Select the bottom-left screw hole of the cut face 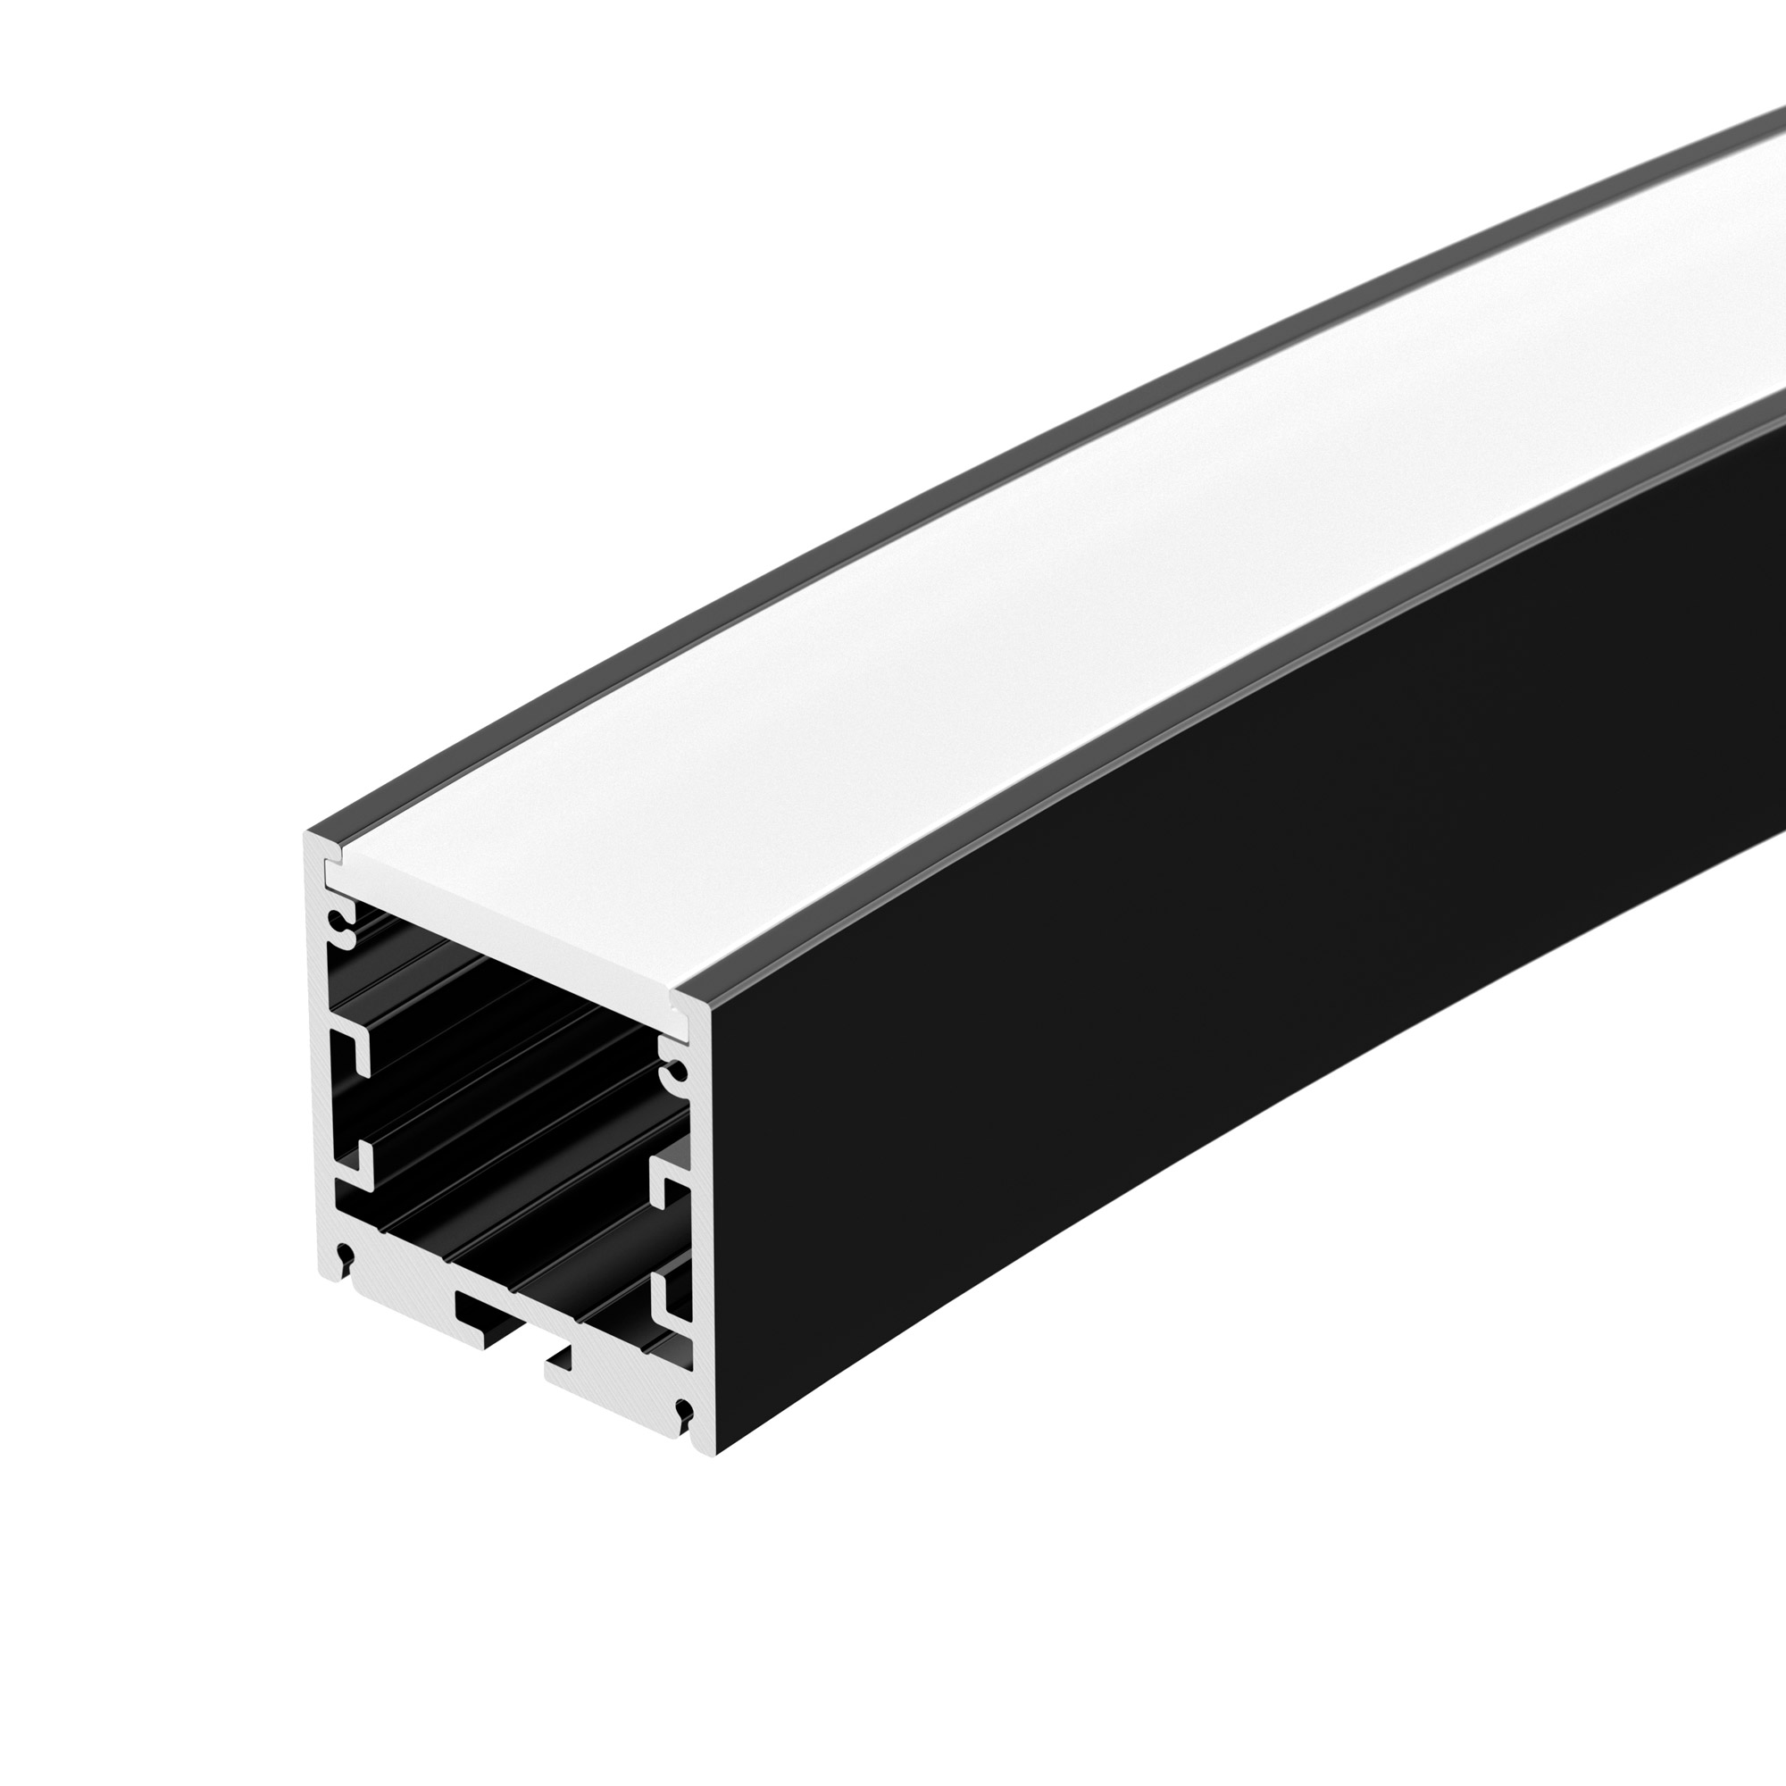point(346,1255)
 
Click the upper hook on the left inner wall point(355,1050)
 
